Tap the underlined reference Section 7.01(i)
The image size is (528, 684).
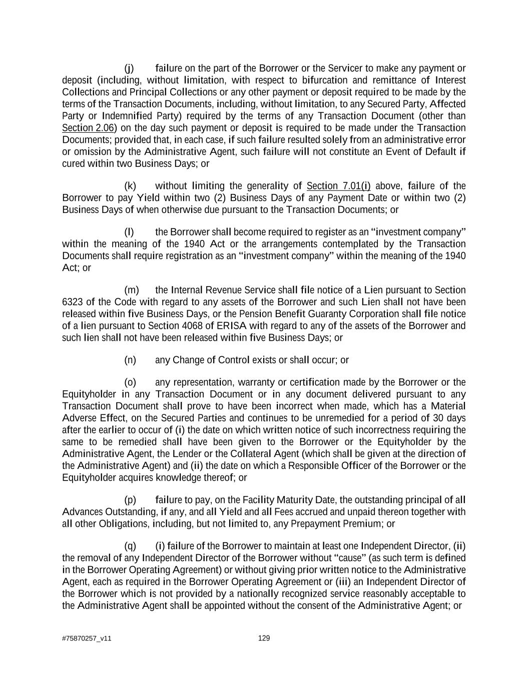(x=338, y=186)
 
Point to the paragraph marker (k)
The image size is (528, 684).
(x=130, y=186)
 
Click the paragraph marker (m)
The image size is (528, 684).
(x=131, y=290)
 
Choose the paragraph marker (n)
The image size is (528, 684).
(x=130, y=360)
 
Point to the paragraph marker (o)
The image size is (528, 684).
(x=130, y=382)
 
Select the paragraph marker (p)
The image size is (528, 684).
(x=130, y=500)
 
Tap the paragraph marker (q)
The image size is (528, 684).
(x=130, y=546)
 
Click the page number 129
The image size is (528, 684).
(x=264, y=638)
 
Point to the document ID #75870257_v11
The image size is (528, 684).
(x=87, y=638)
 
